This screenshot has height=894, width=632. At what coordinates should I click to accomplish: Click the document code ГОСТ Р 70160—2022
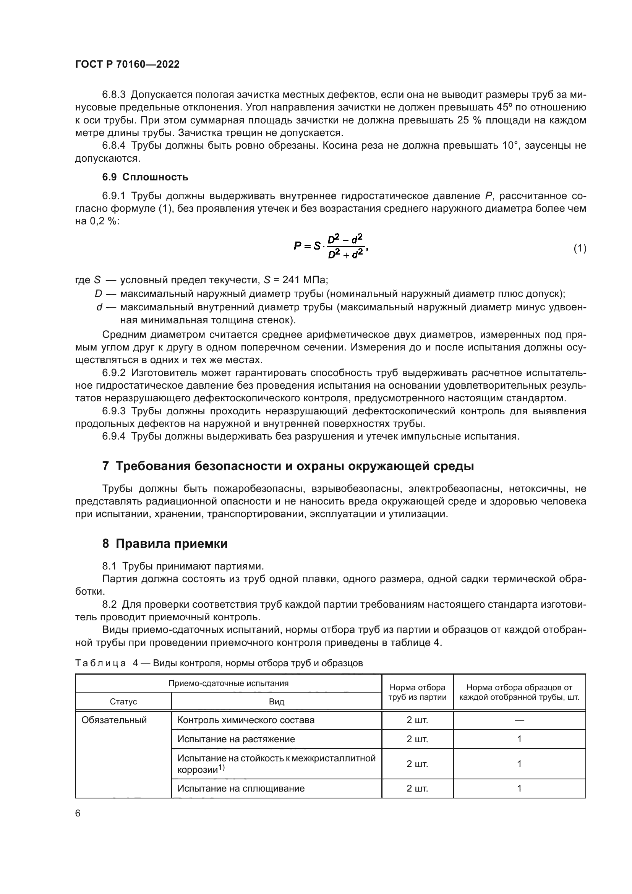(x=127, y=64)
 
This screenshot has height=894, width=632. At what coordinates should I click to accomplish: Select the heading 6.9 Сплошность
(x=145, y=177)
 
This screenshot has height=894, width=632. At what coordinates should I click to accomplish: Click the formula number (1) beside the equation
(x=580, y=248)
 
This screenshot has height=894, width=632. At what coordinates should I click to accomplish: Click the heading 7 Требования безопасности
(x=288, y=466)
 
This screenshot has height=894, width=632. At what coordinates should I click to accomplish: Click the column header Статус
(x=123, y=702)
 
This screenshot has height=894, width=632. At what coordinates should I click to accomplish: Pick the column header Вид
(x=276, y=702)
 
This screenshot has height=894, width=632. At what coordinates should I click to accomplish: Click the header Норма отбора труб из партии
(x=417, y=692)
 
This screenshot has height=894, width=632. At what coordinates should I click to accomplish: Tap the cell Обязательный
(x=114, y=720)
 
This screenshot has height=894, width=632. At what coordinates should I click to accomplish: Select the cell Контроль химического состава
(x=246, y=720)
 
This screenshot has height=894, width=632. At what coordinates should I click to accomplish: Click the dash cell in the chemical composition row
(x=519, y=720)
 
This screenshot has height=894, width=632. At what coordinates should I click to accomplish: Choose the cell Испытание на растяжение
(x=236, y=739)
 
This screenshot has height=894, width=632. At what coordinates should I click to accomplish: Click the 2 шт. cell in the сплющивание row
(x=417, y=788)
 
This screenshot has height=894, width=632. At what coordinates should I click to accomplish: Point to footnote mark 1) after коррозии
(x=222, y=767)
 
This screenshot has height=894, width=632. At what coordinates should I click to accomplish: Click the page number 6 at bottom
(x=78, y=813)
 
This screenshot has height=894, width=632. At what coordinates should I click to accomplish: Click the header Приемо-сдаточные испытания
(x=228, y=683)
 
